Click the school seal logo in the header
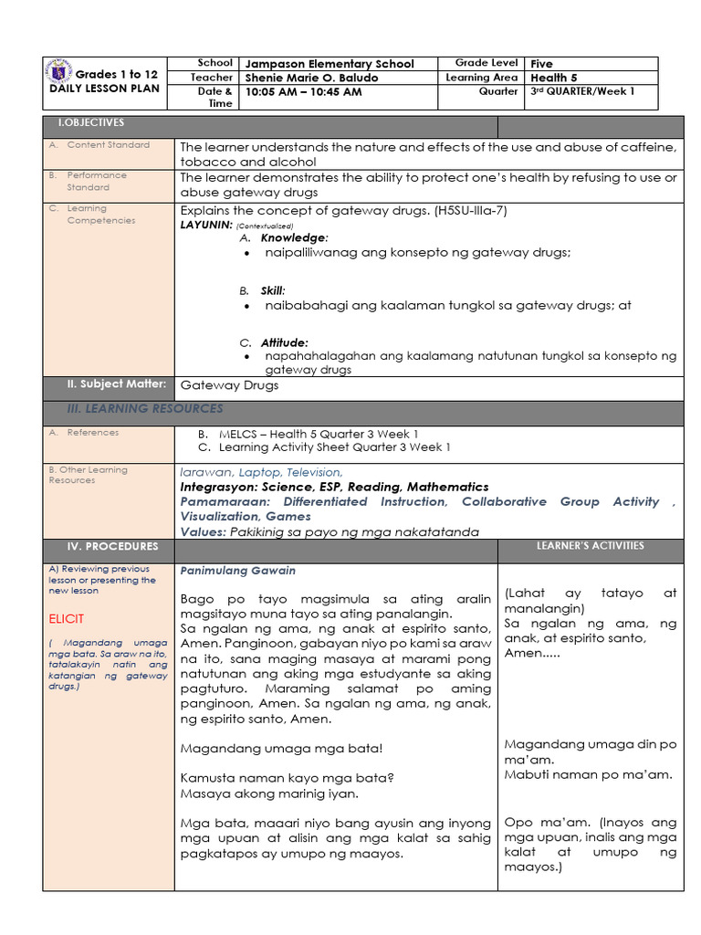[58, 74]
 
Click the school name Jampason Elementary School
[329, 64]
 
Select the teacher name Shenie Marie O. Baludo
[310, 78]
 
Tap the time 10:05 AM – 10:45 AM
[303, 92]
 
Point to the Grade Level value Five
[541, 64]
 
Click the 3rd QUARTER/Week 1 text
[581, 91]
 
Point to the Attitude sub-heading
[284, 342]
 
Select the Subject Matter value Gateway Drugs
[229, 385]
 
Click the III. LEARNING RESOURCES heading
[144, 408]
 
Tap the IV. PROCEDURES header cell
[112, 546]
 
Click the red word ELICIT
[67, 619]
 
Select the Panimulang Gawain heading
[237, 571]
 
